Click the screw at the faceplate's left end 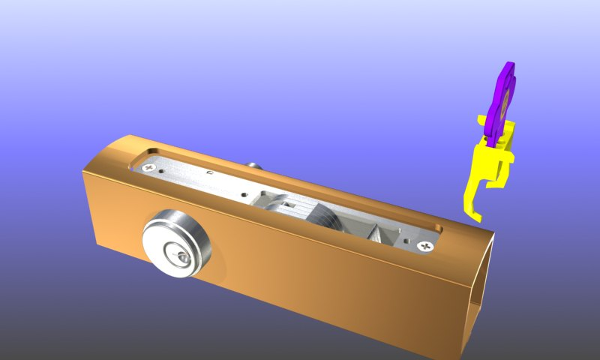149,168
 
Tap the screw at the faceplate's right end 428,245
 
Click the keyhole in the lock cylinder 180,258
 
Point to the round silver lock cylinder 177,244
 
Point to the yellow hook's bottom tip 477,218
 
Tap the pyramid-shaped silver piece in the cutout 379,232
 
